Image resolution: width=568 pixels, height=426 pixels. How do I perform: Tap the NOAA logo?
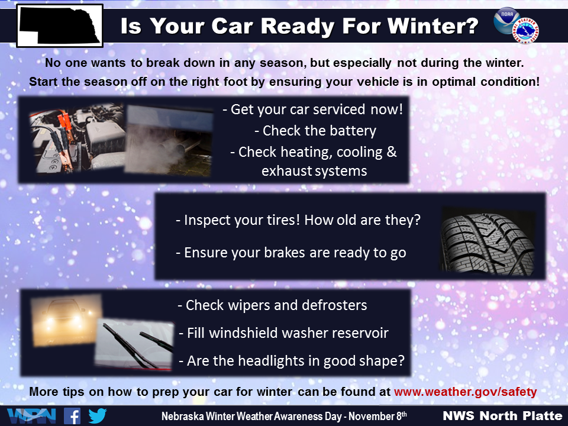506,20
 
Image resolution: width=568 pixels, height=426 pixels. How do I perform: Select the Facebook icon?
72,416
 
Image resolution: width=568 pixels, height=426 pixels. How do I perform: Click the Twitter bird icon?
98,416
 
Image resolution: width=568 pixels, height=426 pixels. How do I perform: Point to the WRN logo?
31,416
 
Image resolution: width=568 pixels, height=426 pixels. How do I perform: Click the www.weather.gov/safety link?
466,392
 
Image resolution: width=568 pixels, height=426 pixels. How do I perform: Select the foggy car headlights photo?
66,320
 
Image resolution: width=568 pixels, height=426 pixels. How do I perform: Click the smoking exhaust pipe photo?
169,141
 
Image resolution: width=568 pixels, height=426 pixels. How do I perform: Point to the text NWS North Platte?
502,415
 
